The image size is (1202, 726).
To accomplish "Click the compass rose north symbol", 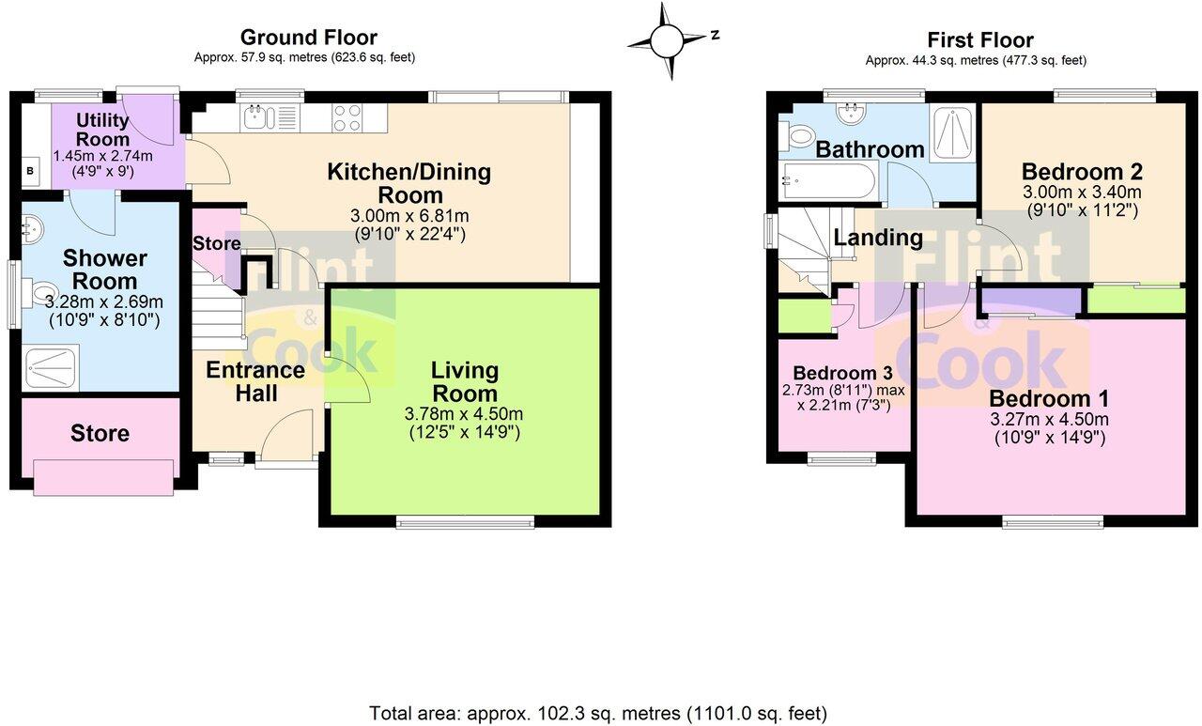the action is [673, 39].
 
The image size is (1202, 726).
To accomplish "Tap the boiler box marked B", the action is [31, 171].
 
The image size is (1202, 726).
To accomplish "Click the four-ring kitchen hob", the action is [347, 118].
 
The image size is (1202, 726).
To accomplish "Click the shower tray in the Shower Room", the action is [52, 368].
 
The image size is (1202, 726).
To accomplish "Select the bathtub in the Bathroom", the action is [829, 181].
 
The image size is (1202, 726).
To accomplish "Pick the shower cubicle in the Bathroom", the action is [951, 132].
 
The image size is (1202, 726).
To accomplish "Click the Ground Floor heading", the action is [309, 38].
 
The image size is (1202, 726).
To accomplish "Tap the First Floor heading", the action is [980, 40].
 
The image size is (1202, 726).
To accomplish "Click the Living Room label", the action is [465, 382].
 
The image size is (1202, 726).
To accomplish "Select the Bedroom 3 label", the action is [842, 372].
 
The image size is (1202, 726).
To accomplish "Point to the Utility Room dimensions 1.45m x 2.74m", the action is [103, 156].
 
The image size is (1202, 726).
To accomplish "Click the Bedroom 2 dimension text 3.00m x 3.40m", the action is [1082, 192].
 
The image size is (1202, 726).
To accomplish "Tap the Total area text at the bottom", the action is [598, 713].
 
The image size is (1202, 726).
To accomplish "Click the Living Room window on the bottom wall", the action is [465, 521].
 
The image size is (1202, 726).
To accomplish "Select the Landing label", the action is [878, 238].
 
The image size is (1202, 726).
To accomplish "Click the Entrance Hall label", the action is [256, 381].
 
